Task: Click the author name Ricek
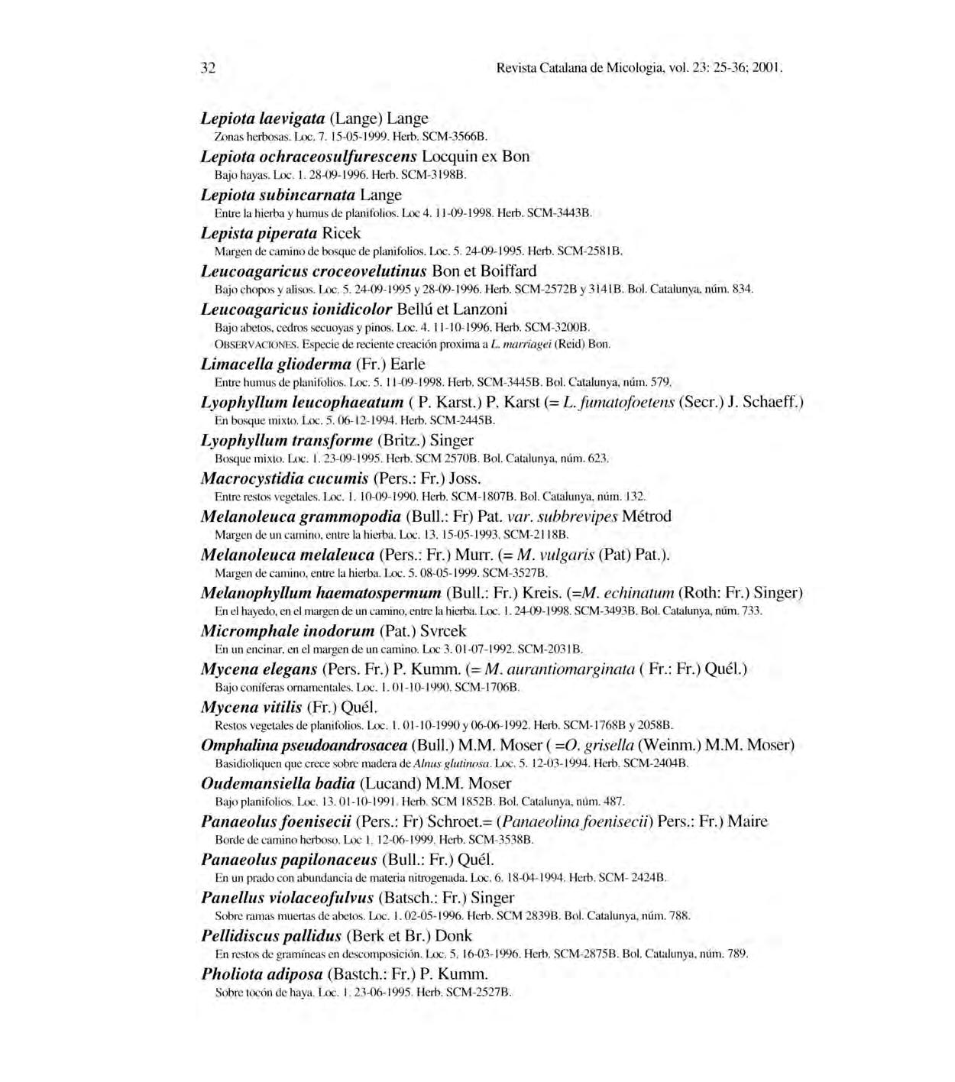click(x=342, y=233)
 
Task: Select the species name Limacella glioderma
click(x=275, y=364)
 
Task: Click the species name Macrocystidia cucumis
click(x=284, y=478)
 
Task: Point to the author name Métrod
click(x=646, y=517)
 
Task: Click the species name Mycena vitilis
click(x=251, y=708)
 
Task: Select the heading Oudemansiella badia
click(x=277, y=783)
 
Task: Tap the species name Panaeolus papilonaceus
click(x=289, y=860)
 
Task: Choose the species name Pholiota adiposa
click(x=262, y=974)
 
